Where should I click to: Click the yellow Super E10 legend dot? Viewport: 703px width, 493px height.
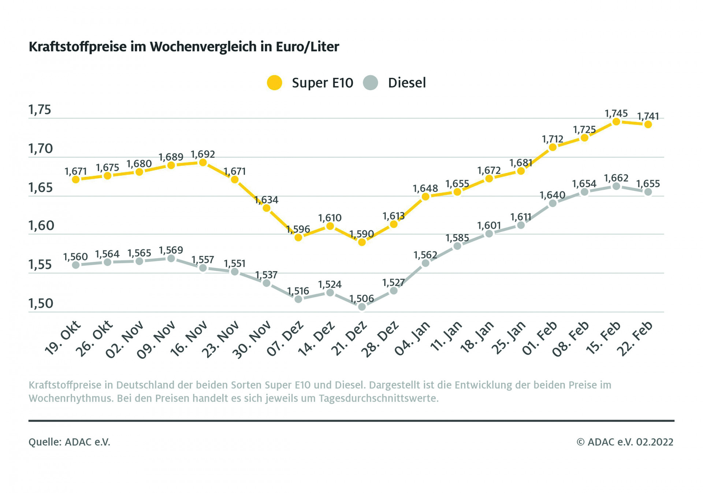[x=274, y=83]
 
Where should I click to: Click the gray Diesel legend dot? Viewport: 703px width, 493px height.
[x=370, y=83]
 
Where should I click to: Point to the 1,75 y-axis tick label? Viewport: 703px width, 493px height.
[x=40, y=110]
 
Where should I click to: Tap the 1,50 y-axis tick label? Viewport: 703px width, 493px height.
[x=41, y=303]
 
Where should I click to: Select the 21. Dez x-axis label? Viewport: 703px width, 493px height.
[x=349, y=339]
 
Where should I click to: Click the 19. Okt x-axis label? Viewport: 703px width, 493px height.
[x=62, y=339]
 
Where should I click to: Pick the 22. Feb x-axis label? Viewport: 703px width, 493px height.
[x=635, y=339]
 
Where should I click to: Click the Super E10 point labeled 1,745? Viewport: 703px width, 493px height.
[x=616, y=122]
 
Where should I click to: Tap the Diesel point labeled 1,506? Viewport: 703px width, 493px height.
[x=362, y=307]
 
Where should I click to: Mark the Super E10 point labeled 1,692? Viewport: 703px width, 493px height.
[x=203, y=163]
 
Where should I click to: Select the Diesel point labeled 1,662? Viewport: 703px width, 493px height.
[x=616, y=186]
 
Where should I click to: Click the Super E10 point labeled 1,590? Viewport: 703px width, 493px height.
[x=362, y=242]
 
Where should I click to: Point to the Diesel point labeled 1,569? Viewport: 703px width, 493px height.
[x=171, y=258]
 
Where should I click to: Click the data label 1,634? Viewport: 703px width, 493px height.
[x=266, y=200]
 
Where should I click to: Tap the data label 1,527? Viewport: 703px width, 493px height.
[x=394, y=283]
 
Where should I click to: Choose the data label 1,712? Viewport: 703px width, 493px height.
[x=553, y=139]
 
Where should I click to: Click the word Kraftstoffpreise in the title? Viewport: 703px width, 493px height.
[x=77, y=47]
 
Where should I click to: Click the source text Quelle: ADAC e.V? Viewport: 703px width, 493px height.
[x=69, y=442]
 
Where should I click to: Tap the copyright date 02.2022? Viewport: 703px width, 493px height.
[x=655, y=442]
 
